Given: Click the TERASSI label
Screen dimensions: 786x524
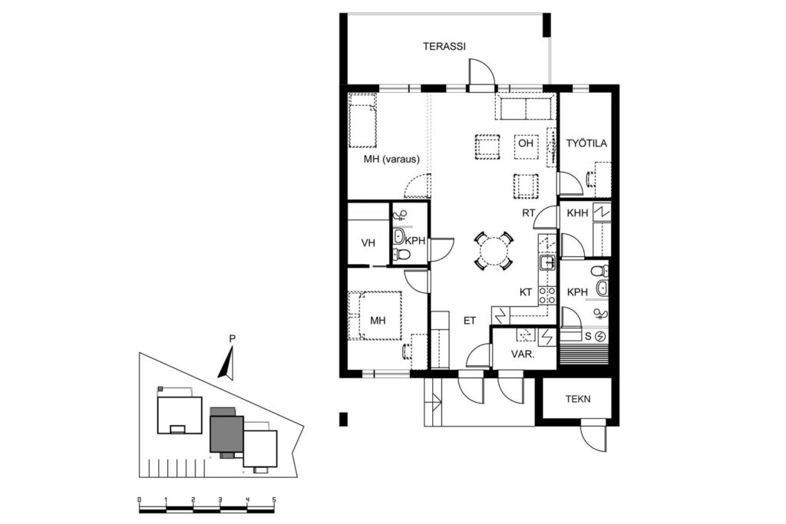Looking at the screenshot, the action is pos(444,47).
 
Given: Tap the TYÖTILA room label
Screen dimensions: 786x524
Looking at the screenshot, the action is pos(586,143).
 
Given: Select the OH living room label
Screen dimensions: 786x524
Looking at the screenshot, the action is pos(525,143).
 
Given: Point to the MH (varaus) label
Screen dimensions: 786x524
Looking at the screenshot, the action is pos(391,160).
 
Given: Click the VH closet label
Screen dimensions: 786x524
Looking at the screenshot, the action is pos(368,243).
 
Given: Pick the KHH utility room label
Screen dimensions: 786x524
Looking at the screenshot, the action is pos(577,213).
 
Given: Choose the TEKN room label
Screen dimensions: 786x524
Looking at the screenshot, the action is pos(578,399).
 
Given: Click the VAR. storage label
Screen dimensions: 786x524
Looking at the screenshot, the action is pos(522,354).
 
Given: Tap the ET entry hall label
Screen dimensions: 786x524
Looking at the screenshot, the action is pos(469,321).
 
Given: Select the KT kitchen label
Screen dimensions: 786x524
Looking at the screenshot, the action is pos(525,292).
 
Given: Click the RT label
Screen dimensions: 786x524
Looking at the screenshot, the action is pos(528,213).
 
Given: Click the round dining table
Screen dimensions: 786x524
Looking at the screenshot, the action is pos(494,251).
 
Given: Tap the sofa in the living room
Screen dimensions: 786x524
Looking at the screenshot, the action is pos(525,107).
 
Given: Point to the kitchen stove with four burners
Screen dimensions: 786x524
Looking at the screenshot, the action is pos(547,295).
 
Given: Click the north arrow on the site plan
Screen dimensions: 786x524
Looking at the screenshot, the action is pos(227,363).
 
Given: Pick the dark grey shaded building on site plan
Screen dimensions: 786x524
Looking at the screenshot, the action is pos(226,433).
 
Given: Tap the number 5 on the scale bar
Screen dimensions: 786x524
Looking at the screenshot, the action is pos(274,499).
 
